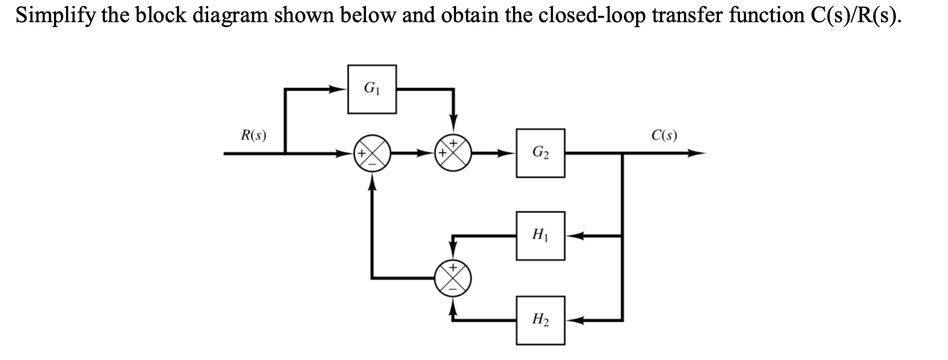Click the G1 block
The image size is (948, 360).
coord(371,89)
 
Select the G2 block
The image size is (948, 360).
coord(540,153)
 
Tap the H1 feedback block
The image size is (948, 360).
coord(540,236)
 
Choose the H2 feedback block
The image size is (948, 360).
coord(540,320)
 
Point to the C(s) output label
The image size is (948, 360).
coord(664,135)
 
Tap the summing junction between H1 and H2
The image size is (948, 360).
coord(454,278)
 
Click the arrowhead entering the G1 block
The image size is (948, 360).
coord(340,89)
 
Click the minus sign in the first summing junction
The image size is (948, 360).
coord(372,164)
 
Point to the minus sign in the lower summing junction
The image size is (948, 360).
coord(454,289)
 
